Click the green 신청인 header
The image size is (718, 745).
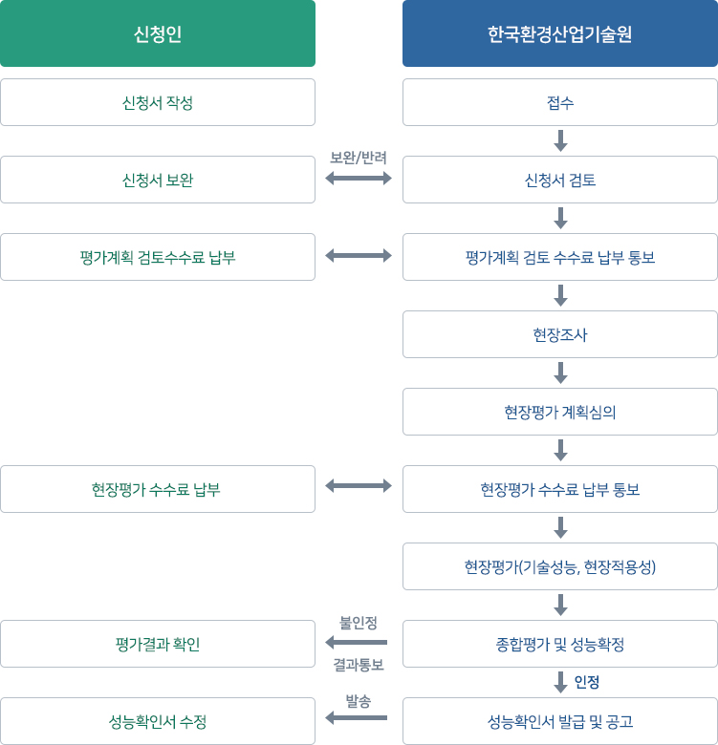click(x=158, y=33)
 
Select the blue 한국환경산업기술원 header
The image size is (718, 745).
click(x=560, y=33)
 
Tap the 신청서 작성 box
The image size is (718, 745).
click(x=158, y=102)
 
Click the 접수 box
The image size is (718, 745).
click(x=560, y=102)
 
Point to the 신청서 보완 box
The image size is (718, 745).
click(x=158, y=180)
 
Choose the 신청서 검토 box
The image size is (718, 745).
click(x=560, y=180)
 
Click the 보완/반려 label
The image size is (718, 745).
click(x=359, y=158)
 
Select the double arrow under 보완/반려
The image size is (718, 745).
click(x=359, y=179)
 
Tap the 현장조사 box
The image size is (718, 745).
click(x=560, y=334)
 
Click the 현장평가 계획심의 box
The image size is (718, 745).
click(x=560, y=412)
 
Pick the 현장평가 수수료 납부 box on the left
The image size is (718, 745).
click(x=158, y=489)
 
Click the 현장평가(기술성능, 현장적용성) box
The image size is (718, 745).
click(x=560, y=566)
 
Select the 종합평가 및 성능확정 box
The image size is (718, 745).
click(x=560, y=644)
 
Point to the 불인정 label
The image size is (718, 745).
click(x=359, y=623)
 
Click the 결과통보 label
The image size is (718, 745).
click(x=359, y=665)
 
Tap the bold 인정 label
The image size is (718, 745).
click(x=587, y=682)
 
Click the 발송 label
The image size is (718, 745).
click(x=359, y=701)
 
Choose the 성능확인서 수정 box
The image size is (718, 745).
click(x=158, y=721)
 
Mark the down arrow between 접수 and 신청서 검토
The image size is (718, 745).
click(x=560, y=140)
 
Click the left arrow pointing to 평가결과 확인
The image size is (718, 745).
click(x=357, y=643)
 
